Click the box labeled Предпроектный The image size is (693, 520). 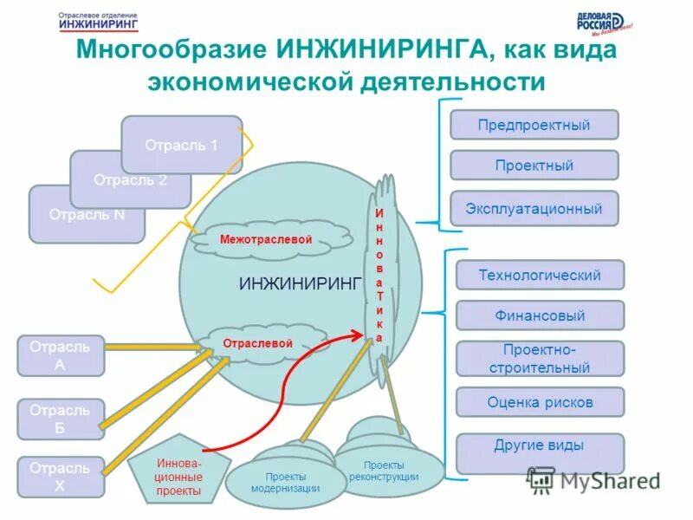[534, 125]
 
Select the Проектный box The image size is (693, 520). [534, 165]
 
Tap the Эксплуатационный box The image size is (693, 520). [534, 209]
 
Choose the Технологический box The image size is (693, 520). [540, 275]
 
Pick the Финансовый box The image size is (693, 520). [540, 315]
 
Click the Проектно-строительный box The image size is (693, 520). [540, 359]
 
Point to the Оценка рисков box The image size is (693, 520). [540, 402]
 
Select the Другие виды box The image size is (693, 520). [540, 445]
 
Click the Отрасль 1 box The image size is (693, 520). [181, 145]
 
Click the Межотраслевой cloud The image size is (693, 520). [265, 239]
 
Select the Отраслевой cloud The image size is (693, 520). [257, 343]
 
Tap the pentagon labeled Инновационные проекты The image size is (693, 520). [179, 476]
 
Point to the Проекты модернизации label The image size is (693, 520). [285, 482]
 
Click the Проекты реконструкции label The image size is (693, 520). [384, 471]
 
